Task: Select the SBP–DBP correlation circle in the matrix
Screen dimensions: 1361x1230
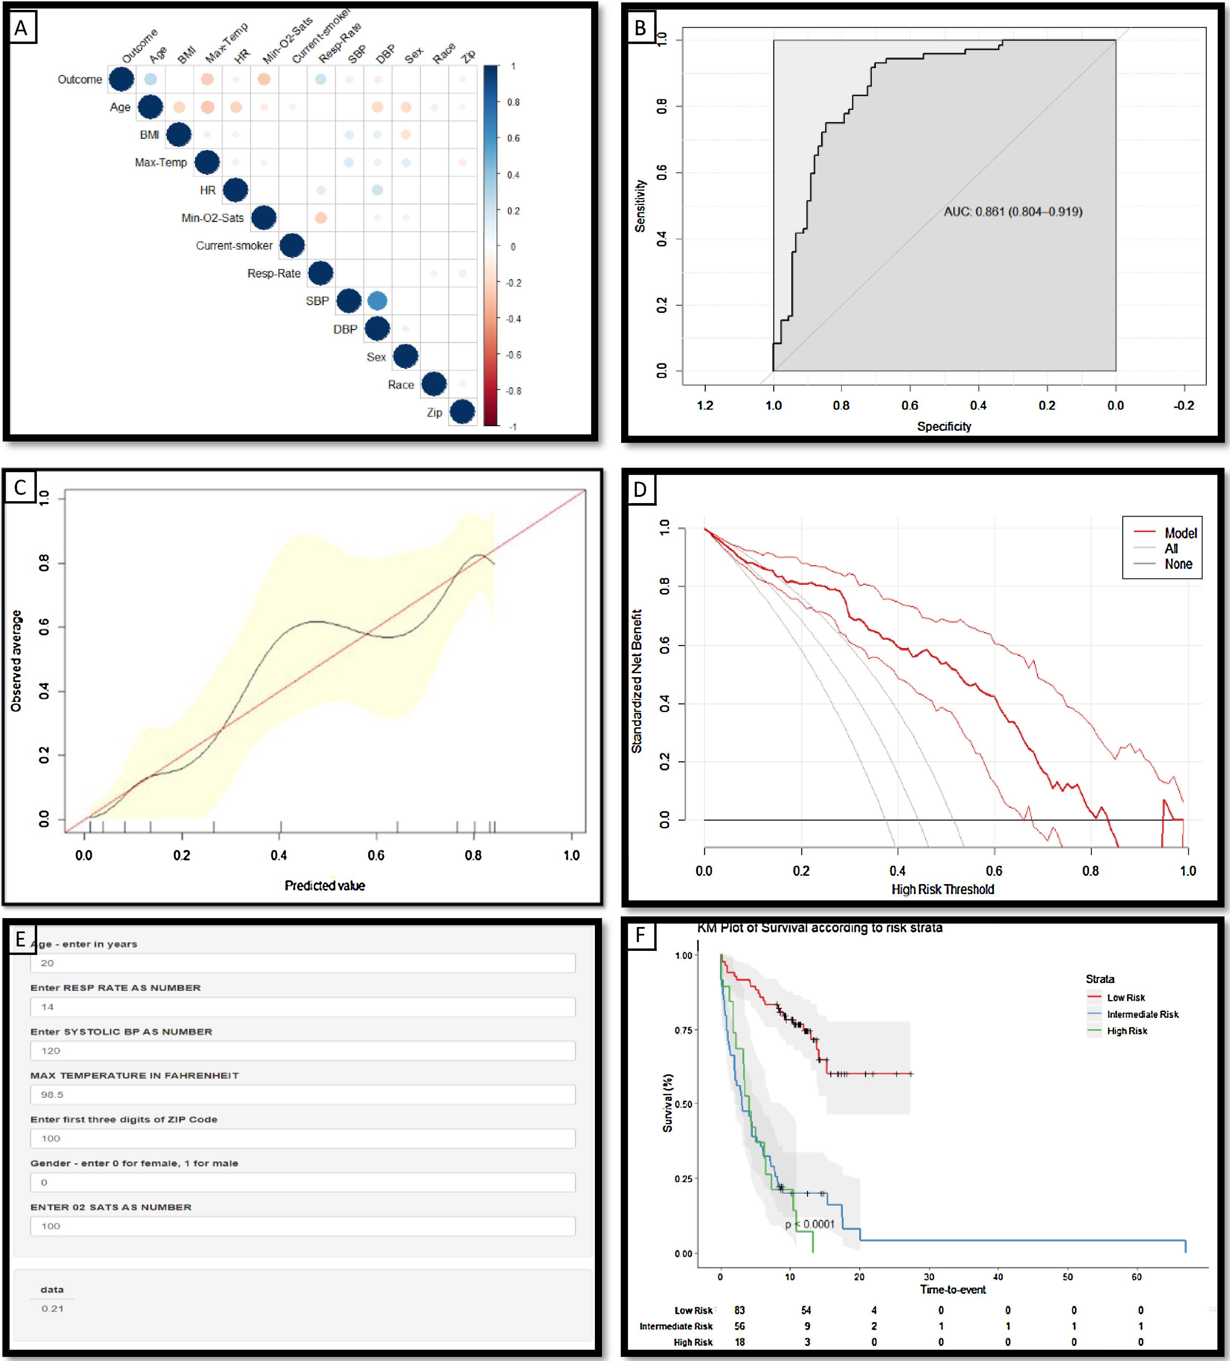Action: click(x=377, y=301)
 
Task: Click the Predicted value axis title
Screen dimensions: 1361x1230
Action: click(x=324, y=885)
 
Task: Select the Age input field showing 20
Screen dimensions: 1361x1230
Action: click(x=303, y=963)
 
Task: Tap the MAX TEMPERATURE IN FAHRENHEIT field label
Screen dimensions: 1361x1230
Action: click(x=134, y=1076)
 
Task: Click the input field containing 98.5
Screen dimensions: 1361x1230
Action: click(x=303, y=1094)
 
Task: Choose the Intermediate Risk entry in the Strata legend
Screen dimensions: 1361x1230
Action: click(x=1142, y=1014)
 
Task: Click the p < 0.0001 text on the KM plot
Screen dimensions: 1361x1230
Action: click(x=810, y=1224)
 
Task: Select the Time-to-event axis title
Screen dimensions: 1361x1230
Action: click(x=952, y=1289)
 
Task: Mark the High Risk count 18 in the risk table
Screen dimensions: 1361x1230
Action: click(x=740, y=1342)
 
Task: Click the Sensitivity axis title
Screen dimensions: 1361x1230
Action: click(x=640, y=206)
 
